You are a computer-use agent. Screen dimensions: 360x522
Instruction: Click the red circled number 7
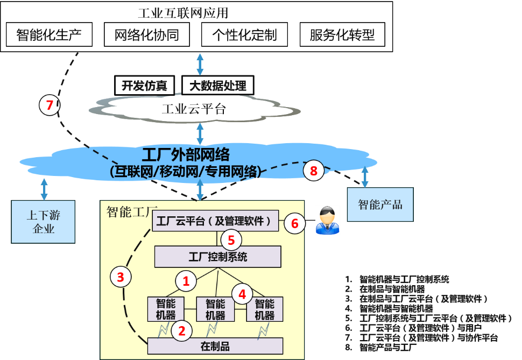point(50,105)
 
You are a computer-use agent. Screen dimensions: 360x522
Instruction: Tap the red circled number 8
point(314,172)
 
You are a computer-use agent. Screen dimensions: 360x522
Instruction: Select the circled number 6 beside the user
point(294,223)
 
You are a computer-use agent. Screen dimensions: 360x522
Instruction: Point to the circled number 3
point(121,277)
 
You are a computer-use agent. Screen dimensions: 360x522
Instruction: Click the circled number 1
point(186,281)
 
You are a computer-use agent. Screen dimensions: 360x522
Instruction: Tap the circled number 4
point(242,294)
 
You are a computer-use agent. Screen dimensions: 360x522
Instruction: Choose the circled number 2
point(182,331)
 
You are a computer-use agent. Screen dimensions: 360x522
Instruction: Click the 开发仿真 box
point(145,86)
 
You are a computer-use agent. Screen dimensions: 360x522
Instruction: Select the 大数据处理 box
point(217,86)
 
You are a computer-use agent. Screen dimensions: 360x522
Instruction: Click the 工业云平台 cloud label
point(194,110)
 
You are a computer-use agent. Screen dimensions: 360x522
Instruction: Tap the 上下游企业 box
point(44,222)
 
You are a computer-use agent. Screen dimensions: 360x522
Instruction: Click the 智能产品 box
point(380,204)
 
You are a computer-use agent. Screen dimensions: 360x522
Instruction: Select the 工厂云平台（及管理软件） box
point(214,221)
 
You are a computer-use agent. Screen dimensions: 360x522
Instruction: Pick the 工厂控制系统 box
point(217,257)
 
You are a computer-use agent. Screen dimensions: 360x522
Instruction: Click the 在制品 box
point(215,346)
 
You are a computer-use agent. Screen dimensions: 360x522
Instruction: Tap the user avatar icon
point(327,220)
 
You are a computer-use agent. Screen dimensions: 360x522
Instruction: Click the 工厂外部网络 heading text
point(186,155)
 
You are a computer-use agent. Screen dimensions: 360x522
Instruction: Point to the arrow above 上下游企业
point(44,189)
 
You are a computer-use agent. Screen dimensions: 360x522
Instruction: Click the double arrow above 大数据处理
point(200,65)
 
